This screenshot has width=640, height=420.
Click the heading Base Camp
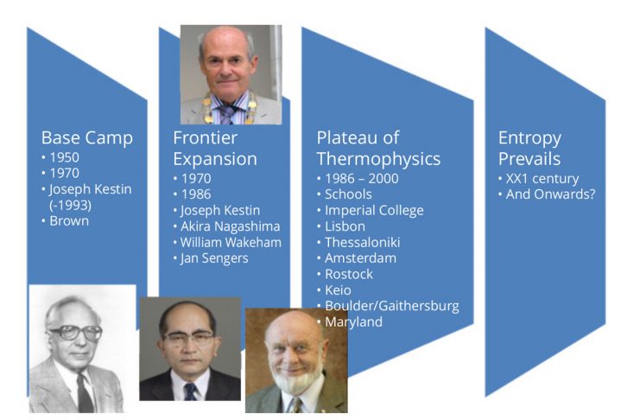tap(87, 138)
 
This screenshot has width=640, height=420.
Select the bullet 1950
tap(65, 157)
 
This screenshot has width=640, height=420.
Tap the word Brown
tap(69, 221)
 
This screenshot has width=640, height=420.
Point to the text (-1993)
tap(70, 205)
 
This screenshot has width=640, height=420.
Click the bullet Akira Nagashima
tap(231, 226)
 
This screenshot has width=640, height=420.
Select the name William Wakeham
tap(231, 242)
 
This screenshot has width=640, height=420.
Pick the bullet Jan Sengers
tap(214, 258)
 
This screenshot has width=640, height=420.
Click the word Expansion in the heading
tap(215, 159)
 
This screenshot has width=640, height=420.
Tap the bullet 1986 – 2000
tap(362, 179)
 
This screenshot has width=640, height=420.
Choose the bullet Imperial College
tap(374, 210)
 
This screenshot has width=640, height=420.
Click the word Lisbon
tap(345, 226)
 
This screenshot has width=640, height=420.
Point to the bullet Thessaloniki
tap(362, 242)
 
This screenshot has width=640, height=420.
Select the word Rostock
tap(349, 274)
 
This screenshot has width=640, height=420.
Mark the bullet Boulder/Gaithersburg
tap(392, 306)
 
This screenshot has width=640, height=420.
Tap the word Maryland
tap(353, 322)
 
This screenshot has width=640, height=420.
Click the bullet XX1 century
tap(542, 179)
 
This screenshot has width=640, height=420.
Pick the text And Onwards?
tap(551, 194)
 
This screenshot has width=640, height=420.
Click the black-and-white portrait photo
tap(82, 348)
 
